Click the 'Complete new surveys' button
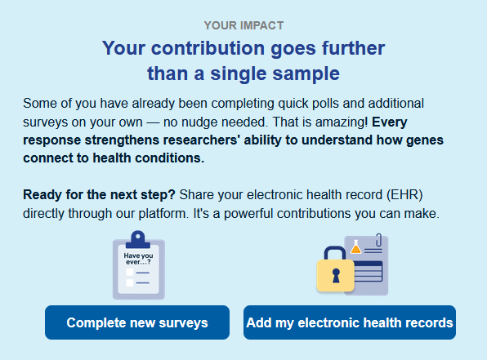137,322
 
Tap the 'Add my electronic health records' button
350,322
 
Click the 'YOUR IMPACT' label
243,25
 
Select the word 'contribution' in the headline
208,48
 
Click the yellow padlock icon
336,269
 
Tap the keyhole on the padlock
336,276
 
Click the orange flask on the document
356,247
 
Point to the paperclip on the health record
378,240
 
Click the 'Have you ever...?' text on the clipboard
139,259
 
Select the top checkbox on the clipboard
130,272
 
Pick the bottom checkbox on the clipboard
130,282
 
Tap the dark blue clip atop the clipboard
138,239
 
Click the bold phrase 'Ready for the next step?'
100,195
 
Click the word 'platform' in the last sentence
163,214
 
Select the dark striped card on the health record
369,271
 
